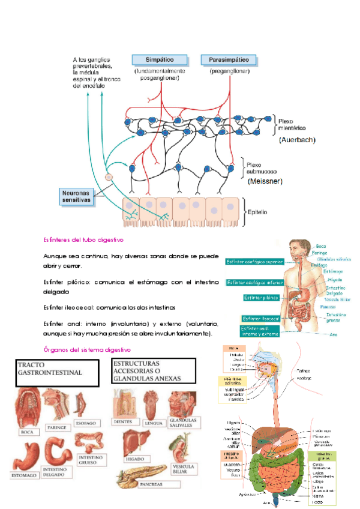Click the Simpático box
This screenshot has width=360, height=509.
(160, 61)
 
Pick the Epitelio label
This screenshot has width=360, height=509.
(263, 212)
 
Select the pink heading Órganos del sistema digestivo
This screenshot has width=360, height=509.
(88, 349)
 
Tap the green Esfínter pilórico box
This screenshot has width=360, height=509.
(262, 298)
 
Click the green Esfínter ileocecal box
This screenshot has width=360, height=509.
(262, 318)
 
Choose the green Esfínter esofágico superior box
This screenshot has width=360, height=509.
(254, 262)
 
